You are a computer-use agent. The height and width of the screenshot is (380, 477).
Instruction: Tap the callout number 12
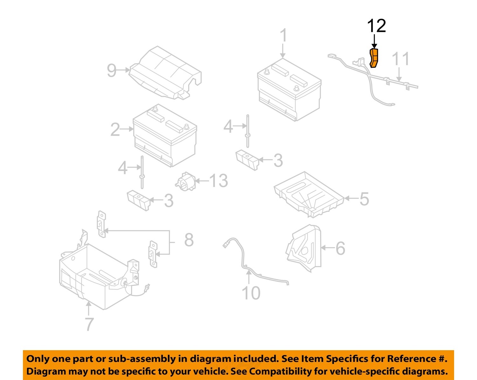[377, 26]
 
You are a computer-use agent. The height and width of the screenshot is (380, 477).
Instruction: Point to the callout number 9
[112, 70]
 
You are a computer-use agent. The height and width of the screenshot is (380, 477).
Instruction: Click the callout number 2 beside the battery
[115, 130]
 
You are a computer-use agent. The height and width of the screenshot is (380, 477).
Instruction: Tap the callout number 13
[219, 181]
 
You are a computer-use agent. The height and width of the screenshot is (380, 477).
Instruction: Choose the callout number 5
[364, 199]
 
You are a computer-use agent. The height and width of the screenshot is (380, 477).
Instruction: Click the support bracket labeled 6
[305, 248]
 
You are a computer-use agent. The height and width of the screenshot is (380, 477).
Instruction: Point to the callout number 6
[340, 248]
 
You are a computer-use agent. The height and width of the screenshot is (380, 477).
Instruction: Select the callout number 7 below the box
[89, 324]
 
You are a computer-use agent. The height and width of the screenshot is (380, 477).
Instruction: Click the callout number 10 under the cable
[251, 293]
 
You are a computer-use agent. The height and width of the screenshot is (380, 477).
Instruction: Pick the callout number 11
[400, 59]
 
